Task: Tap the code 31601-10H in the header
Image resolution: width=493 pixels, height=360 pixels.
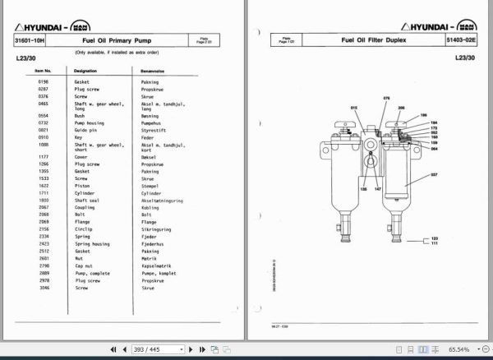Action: point(30,39)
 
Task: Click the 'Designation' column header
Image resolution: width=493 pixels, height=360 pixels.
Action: point(87,72)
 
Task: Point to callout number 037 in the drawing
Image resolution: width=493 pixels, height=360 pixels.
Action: point(435,175)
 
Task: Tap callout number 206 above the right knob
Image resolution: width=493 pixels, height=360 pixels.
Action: point(401,108)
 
